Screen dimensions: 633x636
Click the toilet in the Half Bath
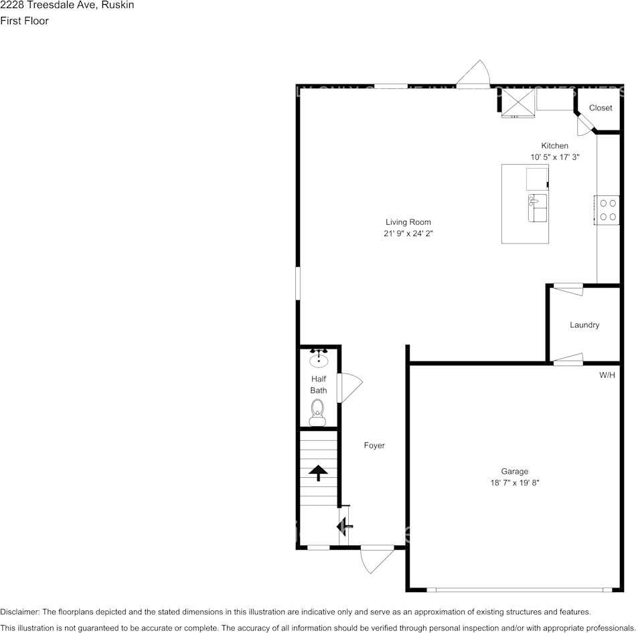[x=317, y=411]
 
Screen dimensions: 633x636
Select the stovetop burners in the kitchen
[x=608, y=209]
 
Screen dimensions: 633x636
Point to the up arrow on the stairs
[x=318, y=472]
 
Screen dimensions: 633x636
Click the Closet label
[x=601, y=108]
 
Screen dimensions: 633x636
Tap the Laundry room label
[x=584, y=325]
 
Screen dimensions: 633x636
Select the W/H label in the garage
[x=607, y=375]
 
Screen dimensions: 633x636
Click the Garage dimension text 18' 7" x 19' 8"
[x=515, y=482]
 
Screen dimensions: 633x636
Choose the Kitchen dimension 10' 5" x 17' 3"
[x=554, y=157]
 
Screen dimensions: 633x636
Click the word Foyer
[x=374, y=446]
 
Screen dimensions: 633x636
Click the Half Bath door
[x=349, y=387]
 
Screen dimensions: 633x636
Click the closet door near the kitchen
[x=584, y=124]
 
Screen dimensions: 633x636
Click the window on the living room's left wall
[x=298, y=284]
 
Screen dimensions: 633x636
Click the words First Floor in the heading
[x=24, y=21]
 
